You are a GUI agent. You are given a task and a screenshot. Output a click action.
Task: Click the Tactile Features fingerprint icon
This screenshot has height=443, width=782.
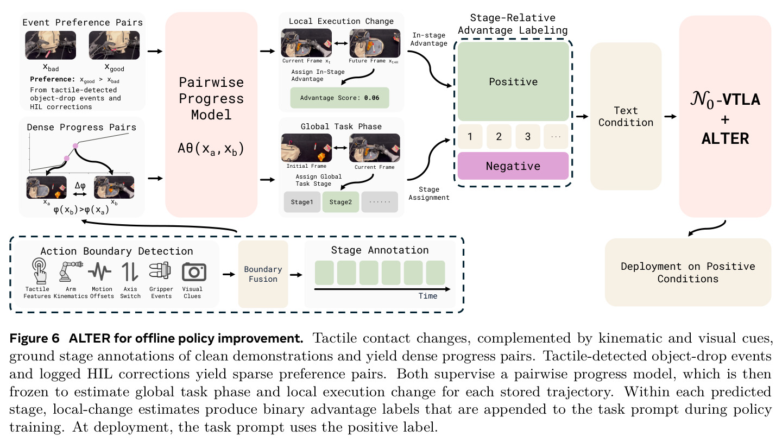pos(39,270)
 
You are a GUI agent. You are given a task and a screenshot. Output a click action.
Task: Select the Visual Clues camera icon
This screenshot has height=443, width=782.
pos(194,272)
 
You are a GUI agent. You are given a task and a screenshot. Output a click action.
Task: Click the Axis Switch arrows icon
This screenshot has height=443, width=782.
pos(130,272)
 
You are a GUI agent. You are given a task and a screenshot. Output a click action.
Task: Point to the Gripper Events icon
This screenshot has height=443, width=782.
pos(160,271)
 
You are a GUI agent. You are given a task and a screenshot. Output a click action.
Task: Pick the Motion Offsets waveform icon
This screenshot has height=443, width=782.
pos(100,271)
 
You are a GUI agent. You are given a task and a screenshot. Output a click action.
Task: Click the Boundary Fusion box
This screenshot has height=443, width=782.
pos(263,274)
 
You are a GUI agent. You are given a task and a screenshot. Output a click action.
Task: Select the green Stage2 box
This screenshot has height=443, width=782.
pos(340,202)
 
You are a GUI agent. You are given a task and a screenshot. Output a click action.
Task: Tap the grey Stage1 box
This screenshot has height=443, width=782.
pos(302,202)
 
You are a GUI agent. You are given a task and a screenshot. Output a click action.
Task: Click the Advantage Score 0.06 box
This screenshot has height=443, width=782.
pos(340,98)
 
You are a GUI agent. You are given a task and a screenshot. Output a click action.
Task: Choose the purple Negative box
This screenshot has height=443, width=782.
pos(513,166)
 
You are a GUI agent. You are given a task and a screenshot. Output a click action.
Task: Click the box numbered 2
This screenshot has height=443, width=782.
pos(499,136)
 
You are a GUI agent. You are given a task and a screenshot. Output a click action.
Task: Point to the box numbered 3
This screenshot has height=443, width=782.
pos(528,136)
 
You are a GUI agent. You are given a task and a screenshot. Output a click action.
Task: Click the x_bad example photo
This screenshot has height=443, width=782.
pos(51,46)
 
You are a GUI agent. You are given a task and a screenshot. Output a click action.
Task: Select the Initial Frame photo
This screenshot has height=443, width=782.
pos(306,148)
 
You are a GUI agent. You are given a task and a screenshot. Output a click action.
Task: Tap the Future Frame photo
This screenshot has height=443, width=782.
pos(375,43)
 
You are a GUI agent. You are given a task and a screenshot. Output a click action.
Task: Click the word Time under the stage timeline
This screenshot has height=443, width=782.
pos(428,296)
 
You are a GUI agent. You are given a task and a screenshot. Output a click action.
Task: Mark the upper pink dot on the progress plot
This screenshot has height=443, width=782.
pos(75,145)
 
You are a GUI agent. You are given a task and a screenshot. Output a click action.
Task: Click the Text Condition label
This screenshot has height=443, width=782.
pos(626,117)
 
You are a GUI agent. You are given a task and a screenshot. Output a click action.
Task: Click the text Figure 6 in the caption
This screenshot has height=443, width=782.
pos(35,338)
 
